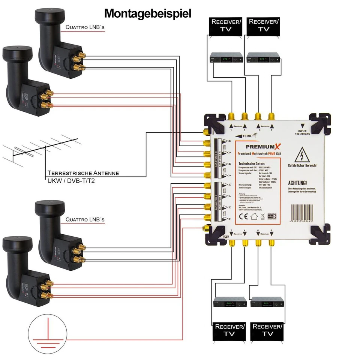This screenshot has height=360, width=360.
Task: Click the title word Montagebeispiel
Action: (147, 13)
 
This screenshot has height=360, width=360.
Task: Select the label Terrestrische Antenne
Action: (83, 173)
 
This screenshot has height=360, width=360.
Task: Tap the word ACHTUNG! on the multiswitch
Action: (298, 183)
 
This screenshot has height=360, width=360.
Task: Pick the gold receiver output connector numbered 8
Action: (271, 243)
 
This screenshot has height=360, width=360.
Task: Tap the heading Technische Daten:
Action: (252, 164)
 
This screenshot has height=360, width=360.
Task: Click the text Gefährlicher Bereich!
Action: (302, 165)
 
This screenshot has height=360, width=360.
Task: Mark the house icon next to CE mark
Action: (254, 216)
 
